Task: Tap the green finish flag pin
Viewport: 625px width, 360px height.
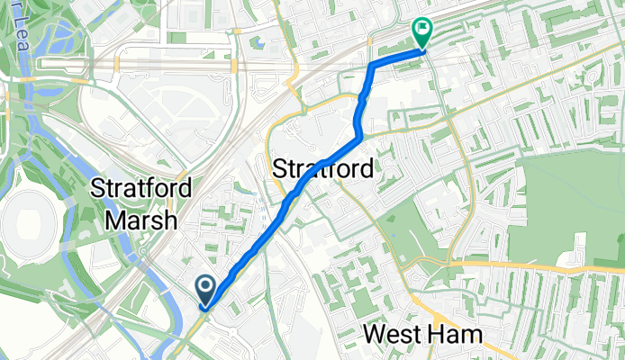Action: coord(421,32)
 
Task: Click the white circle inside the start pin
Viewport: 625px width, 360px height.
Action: coord(205,287)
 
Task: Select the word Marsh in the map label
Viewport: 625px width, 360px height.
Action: coord(140,220)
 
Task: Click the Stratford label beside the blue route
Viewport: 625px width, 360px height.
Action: coord(322,169)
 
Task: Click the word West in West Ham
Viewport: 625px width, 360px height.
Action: coord(394,335)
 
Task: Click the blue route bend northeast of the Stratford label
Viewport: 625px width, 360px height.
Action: coord(359,136)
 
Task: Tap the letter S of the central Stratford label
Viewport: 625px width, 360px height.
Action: coord(279,169)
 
